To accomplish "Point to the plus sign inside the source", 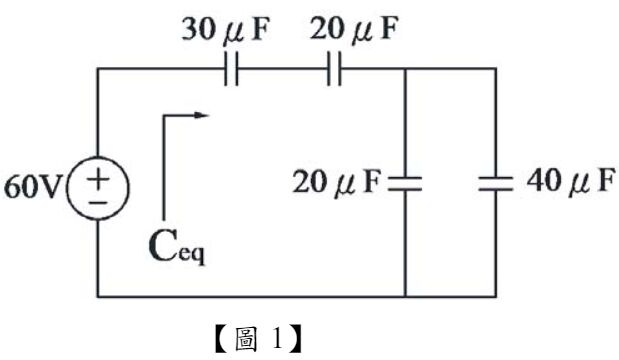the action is [100, 178].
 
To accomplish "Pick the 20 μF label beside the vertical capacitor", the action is [337, 183].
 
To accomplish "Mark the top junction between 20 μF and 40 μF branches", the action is [405, 69].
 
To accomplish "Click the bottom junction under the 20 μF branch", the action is [405, 297].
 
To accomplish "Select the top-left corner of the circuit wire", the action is [97, 69].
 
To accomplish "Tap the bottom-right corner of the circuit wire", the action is [495, 297].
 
